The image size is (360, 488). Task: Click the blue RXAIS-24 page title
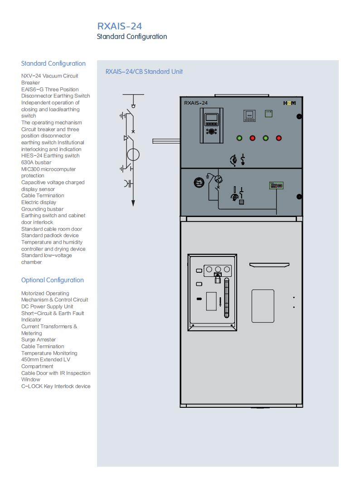click(120, 26)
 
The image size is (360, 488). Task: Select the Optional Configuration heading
click(52, 280)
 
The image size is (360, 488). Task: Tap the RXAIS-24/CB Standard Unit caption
click(144, 72)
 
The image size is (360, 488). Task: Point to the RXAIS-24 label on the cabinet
click(195, 103)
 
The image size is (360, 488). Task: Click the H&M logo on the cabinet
click(289, 103)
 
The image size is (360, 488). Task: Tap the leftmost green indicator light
click(239, 138)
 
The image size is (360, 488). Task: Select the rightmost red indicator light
click(279, 138)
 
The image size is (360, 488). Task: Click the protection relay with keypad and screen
click(211, 126)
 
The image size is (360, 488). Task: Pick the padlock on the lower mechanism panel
click(218, 278)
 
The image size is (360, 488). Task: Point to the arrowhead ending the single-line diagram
click(133, 203)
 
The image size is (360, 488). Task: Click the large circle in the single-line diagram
click(133, 155)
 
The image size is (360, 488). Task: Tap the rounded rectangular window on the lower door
click(263, 306)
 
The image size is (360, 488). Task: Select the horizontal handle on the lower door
click(269, 265)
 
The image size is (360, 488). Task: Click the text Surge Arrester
click(39, 339)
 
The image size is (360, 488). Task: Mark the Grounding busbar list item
click(42, 209)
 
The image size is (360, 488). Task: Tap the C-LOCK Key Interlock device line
click(56, 386)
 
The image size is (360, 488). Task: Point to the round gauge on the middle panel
click(199, 183)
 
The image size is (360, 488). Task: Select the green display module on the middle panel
click(276, 186)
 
